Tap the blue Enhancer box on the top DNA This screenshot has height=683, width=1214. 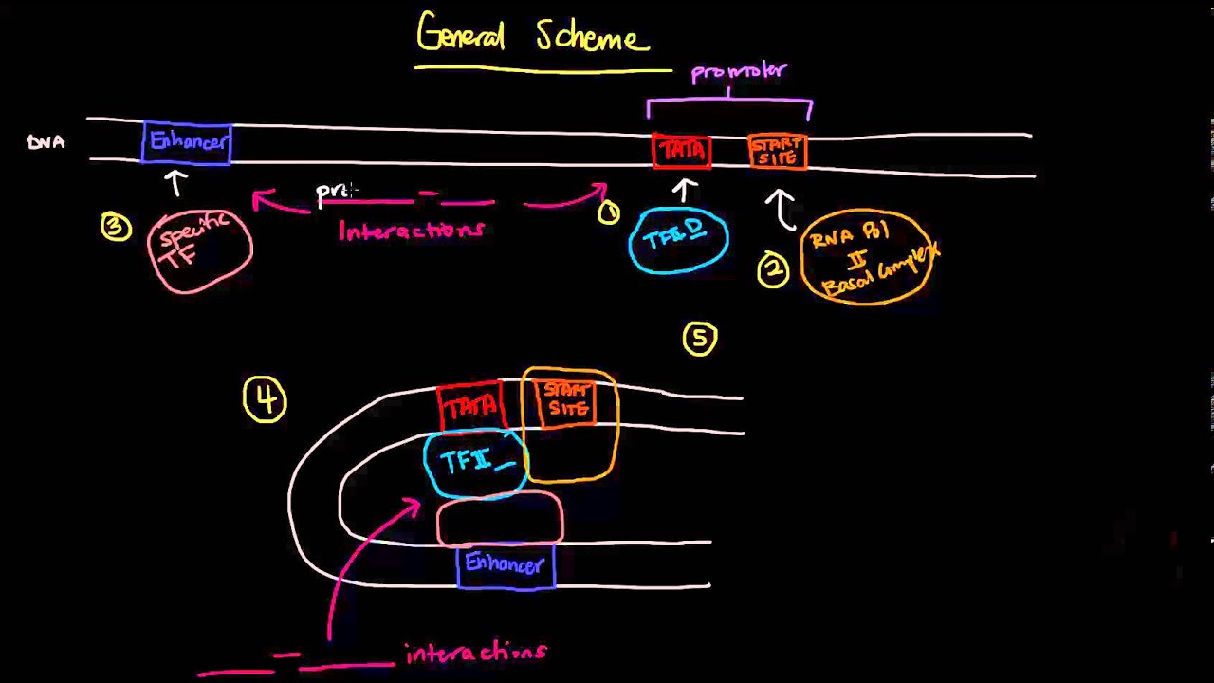coord(188,142)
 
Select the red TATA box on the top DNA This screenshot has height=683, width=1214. coord(681,152)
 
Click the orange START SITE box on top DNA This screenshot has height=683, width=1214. coord(778,152)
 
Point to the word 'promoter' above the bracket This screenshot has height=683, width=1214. coord(739,72)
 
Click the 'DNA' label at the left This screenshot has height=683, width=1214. coord(46,142)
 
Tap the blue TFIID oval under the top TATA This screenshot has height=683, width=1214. coord(678,239)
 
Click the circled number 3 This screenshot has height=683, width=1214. coord(116,227)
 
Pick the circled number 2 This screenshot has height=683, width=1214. coord(773,271)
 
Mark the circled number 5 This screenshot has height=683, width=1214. coord(700,339)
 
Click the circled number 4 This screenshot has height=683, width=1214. coord(265,400)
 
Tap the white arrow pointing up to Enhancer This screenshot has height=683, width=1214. coord(176,181)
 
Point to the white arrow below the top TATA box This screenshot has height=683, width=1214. coord(684,190)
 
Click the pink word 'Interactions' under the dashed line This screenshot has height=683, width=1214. coord(412,231)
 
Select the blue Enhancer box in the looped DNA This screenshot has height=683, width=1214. coord(506,566)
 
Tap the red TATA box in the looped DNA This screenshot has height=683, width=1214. coord(470,406)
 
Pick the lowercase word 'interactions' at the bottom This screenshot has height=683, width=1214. coord(476,653)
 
